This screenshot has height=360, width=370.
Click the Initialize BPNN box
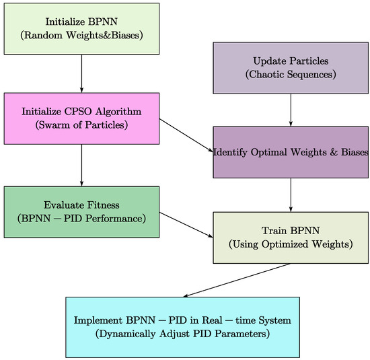[82, 28]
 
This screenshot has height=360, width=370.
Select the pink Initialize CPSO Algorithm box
[82, 118]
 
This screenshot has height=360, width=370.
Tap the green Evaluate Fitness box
[82, 212]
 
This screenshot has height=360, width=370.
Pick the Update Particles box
[291, 67]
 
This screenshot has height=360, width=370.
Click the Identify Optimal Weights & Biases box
[291, 152]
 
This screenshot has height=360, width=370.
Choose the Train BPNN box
[291, 237]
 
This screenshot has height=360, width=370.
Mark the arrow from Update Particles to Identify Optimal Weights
[291, 110]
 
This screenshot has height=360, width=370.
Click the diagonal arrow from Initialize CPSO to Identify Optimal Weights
[186, 135]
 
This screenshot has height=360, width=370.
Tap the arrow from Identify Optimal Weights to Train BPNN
[291, 194]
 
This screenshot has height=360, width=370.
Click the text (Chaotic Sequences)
[291, 73]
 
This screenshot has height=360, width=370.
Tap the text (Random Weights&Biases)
[82, 35]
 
